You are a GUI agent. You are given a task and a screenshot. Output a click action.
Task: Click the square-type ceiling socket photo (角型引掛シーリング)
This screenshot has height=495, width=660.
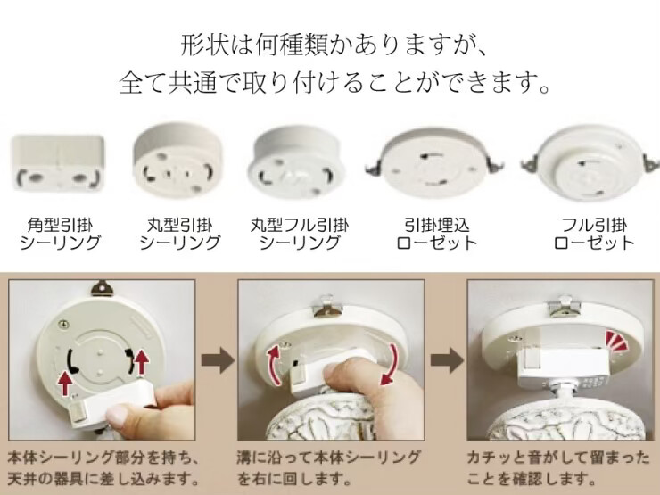[x=58, y=162]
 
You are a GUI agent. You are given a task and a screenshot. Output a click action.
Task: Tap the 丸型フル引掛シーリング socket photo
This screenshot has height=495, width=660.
[x=296, y=162]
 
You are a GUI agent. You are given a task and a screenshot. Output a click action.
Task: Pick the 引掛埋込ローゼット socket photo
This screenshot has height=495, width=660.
[x=435, y=162]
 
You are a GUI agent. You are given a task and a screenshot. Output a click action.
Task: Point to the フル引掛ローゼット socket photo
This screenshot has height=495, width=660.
[x=590, y=163]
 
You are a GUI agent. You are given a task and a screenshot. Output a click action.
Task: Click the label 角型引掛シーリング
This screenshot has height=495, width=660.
[x=60, y=234]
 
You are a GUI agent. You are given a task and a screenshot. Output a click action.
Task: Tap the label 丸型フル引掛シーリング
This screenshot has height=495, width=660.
[x=300, y=234]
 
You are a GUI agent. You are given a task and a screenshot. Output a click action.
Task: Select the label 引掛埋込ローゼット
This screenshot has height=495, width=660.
[x=436, y=234]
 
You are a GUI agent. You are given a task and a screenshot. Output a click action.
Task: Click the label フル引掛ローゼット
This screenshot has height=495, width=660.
[x=594, y=234]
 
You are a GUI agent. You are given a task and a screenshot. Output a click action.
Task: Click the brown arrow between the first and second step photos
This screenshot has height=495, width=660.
[x=218, y=360]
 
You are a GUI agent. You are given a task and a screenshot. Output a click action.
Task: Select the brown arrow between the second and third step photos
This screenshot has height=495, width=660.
[x=446, y=360]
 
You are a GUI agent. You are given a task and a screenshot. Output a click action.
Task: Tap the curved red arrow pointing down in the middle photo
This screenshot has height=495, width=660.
[x=390, y=365]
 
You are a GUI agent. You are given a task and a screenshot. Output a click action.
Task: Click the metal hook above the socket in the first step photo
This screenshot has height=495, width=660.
[x=103, y=290]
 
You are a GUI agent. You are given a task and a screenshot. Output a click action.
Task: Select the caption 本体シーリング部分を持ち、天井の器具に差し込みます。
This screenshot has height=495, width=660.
[x=103, y=467]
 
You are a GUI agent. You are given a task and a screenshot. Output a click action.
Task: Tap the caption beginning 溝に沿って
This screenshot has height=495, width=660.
[x=328, y=467]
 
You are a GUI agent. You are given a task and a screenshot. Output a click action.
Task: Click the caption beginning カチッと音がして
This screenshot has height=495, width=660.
[x=558, y=467]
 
